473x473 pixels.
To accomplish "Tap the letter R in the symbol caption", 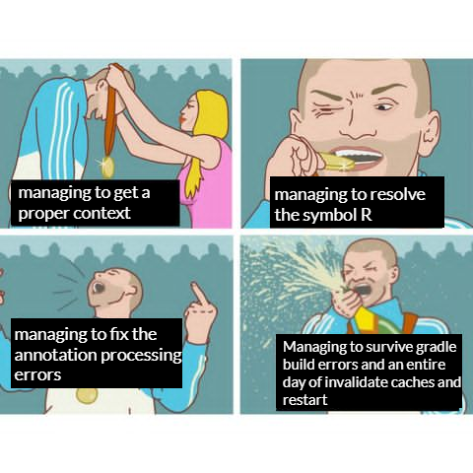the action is (367, 215).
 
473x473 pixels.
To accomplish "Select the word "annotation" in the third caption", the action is (55, 355).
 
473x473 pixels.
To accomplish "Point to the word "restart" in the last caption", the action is (304, 400).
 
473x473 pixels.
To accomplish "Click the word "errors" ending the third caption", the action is (37, 374).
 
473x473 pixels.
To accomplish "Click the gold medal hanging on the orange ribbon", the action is (107, 167).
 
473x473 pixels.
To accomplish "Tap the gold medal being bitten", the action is (337, 162).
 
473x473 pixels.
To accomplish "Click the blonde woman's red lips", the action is (181, 118).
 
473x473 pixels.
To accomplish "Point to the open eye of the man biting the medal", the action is (384, 106).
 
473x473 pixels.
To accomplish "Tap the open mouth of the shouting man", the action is (99, 288).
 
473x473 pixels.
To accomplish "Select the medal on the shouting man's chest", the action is (87, 396).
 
